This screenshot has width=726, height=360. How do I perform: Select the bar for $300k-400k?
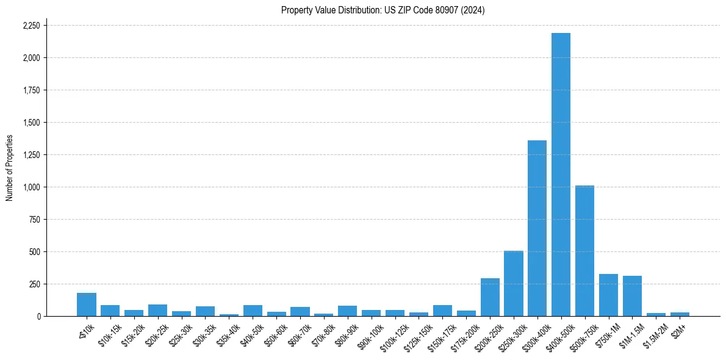(x=537, y=228)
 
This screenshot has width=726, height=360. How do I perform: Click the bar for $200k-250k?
(x=490, y=297)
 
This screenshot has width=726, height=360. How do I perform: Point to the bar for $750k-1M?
(x=608, y=295)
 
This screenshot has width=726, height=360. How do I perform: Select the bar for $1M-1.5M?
(x=632, y=296)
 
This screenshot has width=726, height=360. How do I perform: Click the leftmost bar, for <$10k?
(x=87, y=304)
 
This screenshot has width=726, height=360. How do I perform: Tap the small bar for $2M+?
(x=680, y=314)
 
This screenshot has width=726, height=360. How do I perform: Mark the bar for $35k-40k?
(x=229, y=315)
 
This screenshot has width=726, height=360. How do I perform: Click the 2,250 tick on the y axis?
(x=31, y=26)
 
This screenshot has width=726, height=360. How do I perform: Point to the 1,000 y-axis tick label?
(x=32, y=187)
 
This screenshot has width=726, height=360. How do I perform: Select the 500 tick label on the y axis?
(x=35, y=252)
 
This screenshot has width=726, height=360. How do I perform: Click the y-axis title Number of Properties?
(x=9, y=167)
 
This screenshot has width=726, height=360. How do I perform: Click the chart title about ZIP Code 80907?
(x=383, y=10)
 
